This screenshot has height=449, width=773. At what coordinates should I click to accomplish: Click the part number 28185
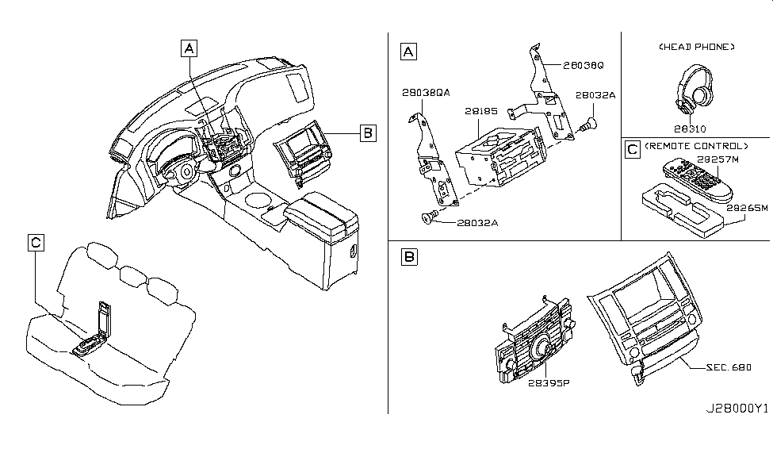click(480, 113)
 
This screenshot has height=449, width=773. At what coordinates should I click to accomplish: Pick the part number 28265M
click(748, 208)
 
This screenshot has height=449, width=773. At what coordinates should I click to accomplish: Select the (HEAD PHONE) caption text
click(697, 48)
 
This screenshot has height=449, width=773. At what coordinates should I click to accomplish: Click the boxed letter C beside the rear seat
click(36, 244)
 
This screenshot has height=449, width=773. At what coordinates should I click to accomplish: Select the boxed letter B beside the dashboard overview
click(366, 132)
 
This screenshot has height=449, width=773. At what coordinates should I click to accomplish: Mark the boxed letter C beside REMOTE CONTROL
click(632, 148)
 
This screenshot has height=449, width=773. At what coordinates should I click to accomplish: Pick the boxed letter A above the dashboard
click(189, 48)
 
